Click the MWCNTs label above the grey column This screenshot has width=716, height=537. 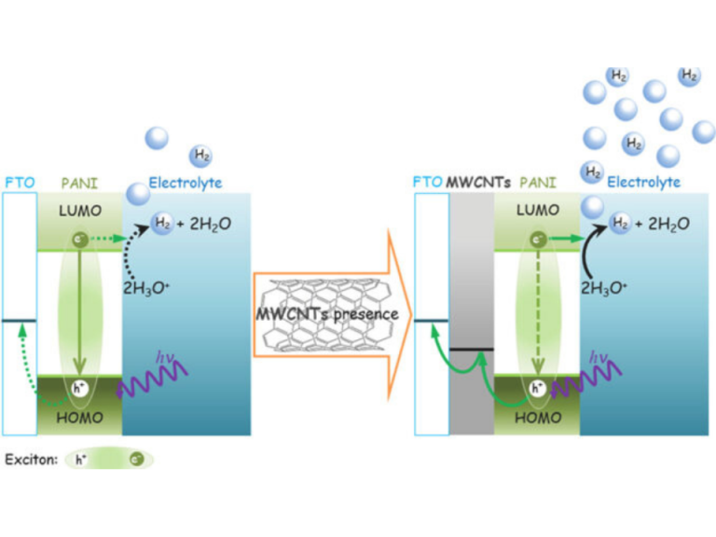pos(476,183)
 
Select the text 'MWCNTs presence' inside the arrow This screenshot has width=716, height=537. pos(326,313)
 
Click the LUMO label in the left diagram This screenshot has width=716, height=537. pos(79,211)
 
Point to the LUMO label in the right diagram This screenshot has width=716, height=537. pos(538,211)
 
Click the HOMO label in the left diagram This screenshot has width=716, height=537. pos(79,419)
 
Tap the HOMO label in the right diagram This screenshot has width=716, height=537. pos(538,419)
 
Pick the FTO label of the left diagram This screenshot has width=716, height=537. pos(19,183)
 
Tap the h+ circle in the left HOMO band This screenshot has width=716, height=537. pos(80,388)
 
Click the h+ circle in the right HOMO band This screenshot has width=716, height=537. pos(538,388)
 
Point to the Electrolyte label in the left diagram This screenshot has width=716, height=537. pos(185,183)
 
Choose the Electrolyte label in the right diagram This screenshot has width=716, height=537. pos(643,183)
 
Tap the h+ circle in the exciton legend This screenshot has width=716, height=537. pos(81,460)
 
